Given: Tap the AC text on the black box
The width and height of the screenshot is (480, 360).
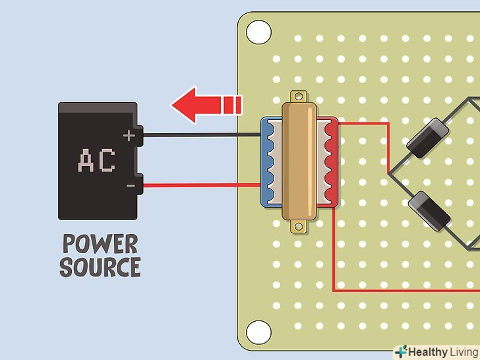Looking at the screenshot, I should [96, 160].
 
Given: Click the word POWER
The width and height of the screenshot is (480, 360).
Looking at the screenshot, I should [100, 244].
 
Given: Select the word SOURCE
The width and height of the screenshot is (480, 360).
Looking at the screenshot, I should [100, 267].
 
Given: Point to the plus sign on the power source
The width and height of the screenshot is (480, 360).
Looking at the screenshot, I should [129, 136].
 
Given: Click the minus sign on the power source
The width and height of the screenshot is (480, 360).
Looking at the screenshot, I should [130, 187].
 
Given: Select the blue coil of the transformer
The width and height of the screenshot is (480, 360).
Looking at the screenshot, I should [269, 163].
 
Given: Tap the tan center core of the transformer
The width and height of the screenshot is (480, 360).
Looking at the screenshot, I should [299, 162].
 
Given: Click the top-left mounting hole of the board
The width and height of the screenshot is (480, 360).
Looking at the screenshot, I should [258, 31].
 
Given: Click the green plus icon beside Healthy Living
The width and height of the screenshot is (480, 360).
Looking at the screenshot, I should [401, 351].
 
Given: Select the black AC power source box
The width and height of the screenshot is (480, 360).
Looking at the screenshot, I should [98, 161].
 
